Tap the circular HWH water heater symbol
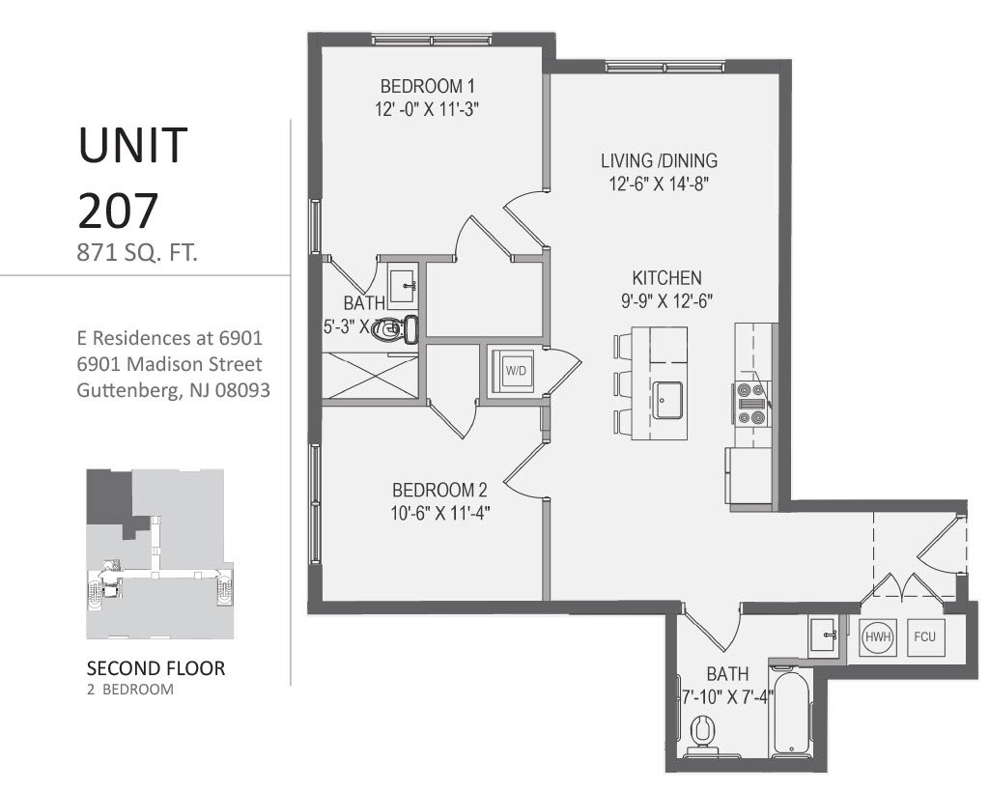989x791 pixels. [x=877, y=637]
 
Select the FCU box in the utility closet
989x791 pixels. [x=925, y=637]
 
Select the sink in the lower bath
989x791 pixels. [x=827, y=635]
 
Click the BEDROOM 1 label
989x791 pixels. [x=428, y=84]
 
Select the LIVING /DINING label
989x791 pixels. [x=659, y=161]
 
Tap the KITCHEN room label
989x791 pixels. [x=666, y=276]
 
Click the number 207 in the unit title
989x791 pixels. [x=118, y=208]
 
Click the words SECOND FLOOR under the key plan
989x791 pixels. [x=156, y=668]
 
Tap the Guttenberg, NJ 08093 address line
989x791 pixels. [x=172, y=391]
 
